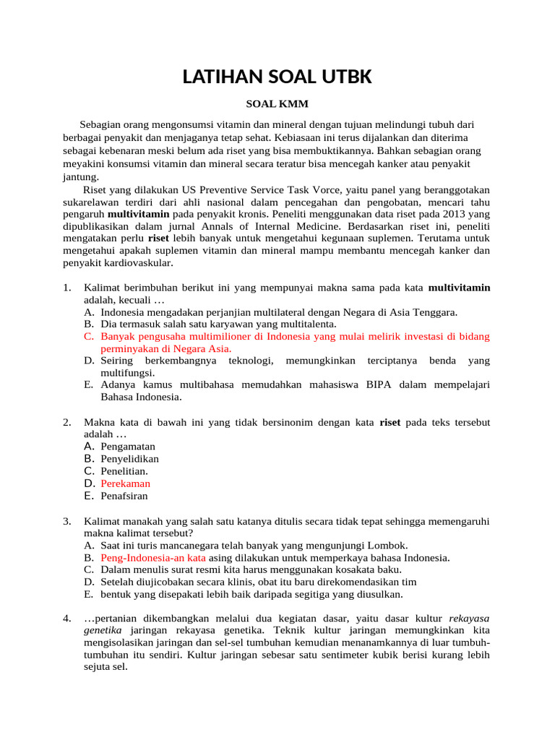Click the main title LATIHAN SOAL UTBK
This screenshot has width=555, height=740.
coord(277,76)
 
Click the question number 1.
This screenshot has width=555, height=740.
coord(66,288)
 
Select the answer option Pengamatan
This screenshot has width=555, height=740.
coord(128,447)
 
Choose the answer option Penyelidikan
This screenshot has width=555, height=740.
coord(130,459)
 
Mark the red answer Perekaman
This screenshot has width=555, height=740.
coord(126,483)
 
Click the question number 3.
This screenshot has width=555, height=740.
coord(66,521)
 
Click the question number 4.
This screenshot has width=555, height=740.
coord(66,619)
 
